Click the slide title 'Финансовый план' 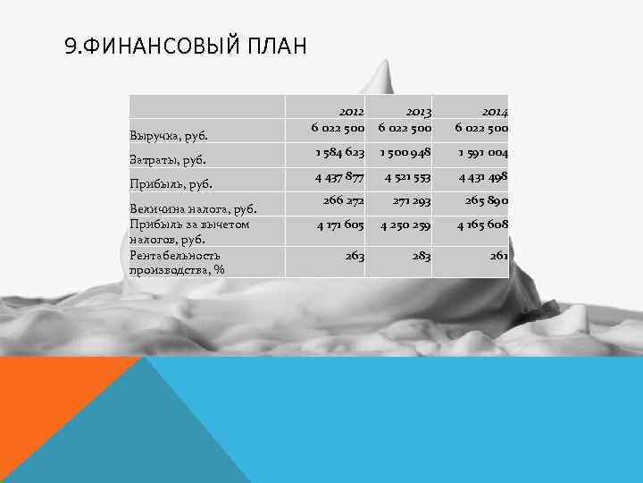point(185,45)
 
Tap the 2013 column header point(415,111)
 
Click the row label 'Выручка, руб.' point(169,136)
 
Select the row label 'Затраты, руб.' point(169,160)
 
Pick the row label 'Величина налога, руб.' point(193,210)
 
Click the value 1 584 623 point(339,152)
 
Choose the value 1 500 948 point(405,152)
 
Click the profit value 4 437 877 point(339,176)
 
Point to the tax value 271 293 point(410,202)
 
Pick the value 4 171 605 point(339,225)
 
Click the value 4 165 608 point(483,225)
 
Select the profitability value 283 point(422,255)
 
